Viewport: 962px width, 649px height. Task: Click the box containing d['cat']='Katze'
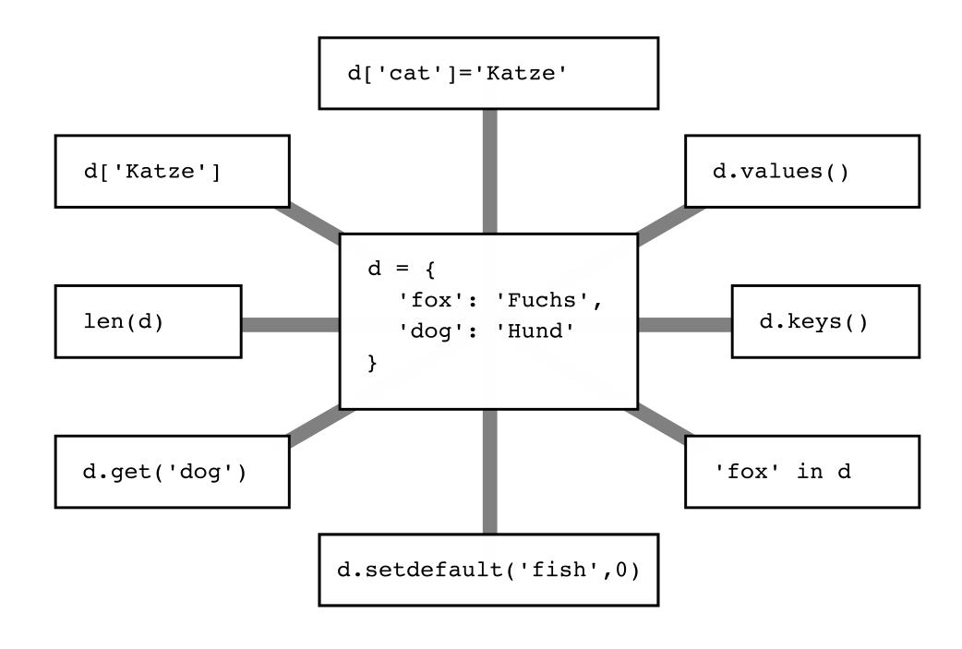488,73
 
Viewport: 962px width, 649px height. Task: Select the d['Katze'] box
172,171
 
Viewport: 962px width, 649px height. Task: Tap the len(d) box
148,322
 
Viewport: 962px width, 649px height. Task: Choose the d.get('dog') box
172,472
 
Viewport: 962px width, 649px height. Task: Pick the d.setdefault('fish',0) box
488,570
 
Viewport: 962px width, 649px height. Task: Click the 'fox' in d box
801,472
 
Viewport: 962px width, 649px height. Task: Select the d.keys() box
825,322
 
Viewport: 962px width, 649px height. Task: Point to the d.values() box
801,171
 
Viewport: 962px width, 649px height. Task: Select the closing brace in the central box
374,365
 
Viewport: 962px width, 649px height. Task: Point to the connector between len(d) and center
290,324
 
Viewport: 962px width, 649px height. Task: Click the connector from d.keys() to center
684,324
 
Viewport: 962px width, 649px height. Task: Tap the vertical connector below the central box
489,471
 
